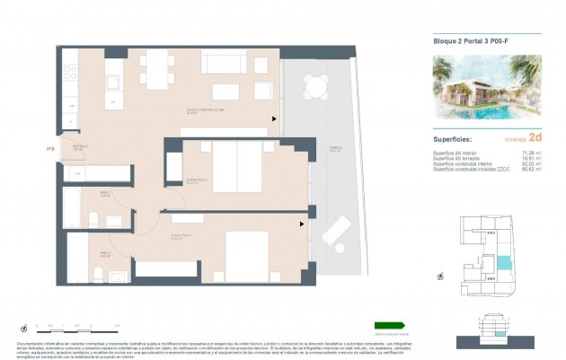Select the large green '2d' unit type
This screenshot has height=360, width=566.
535,137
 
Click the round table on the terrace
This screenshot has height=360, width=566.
316,86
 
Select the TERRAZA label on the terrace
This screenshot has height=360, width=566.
310,150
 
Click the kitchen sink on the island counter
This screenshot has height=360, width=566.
113,83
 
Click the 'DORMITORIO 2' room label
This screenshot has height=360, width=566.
197,180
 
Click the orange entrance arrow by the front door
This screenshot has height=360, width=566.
50,150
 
